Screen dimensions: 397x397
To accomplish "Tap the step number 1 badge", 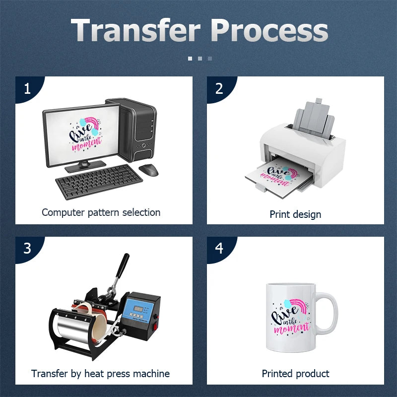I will pos(27,89).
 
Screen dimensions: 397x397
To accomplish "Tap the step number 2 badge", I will pos(219,89).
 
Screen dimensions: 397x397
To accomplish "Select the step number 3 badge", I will pos(27,248).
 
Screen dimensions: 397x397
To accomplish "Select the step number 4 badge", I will pos(219,248).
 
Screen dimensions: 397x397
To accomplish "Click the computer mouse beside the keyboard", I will pos(148,170).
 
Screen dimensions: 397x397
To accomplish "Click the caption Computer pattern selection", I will pos(101,212).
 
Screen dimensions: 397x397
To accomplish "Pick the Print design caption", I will pos(295,214).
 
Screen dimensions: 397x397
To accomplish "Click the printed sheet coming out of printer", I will pos(278,176).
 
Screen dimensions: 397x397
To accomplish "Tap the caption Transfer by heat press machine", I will pos(100,374).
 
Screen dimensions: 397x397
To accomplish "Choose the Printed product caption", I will pos(295,374).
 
